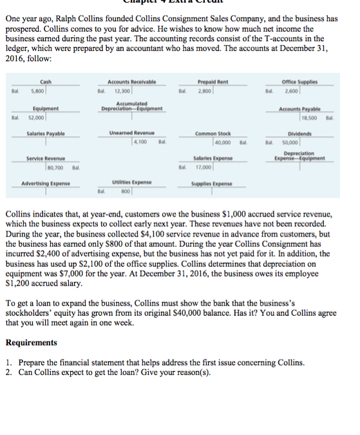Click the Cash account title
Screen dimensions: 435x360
point(45,82)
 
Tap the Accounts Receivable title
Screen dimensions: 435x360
point(131,82)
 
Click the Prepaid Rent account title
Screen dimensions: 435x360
point(213,82)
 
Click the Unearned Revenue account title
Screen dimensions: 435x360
point(131,133)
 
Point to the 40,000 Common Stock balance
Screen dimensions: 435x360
point(224,142)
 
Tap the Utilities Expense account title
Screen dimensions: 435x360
point(131,183)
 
